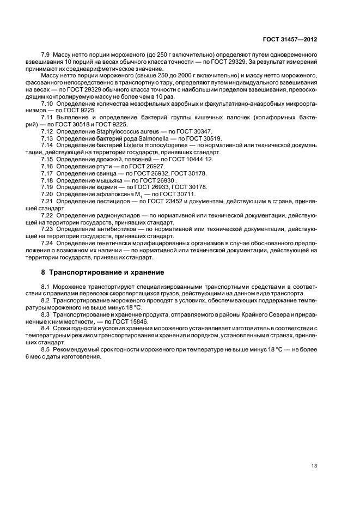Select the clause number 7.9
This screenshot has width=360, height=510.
click(46, 56)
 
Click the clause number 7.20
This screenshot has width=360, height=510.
click(47, 194)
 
